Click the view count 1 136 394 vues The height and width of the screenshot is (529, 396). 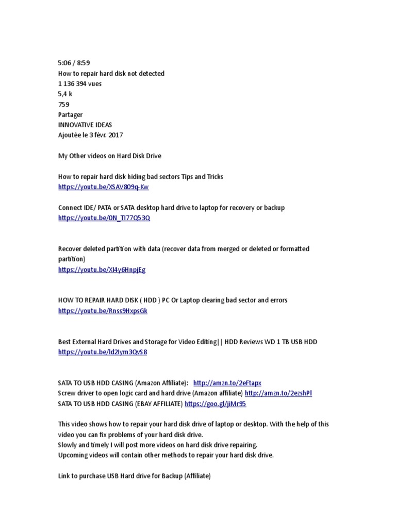click(80, 84)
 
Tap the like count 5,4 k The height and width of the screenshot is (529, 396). click(65, 94)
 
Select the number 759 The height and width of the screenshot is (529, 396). click(64, 104)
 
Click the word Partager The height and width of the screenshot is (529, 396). click(70, 115)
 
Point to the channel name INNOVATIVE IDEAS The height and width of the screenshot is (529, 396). click(86, 125)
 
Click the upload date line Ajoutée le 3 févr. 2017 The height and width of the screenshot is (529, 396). click(91, 135)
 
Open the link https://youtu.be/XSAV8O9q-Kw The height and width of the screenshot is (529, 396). click(104, 187)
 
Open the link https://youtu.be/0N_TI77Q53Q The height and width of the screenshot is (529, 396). click(105, 218)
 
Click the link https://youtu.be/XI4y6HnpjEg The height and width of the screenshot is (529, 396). click(102, 270)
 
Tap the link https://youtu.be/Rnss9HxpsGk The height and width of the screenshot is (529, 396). click(103, 311)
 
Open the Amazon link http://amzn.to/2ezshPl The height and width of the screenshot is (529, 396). click(278, 394)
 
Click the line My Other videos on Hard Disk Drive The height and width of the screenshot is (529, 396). click(110, 156)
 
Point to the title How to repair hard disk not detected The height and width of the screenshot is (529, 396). click(111, 73)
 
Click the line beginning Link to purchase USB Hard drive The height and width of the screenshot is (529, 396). click(135, 476)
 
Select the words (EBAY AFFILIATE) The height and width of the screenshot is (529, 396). click(157, 404)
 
